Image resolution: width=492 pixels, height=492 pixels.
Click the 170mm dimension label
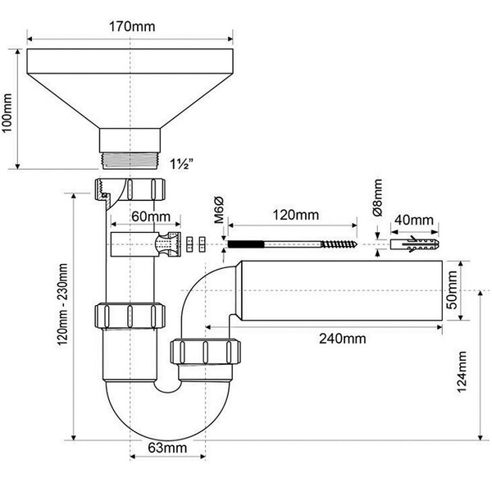point(132,26)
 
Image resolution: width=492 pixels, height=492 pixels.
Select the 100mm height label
point(7,113)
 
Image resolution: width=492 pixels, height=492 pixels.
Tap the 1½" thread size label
point(181,164)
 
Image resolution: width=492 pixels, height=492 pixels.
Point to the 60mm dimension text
point(151,216)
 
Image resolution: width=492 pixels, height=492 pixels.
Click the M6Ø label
point(219,210)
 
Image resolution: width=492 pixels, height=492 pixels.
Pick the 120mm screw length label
point(295,215)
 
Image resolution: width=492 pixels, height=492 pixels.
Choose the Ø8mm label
point(378,198)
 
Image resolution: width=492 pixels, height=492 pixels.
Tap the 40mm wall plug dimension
point(414,220)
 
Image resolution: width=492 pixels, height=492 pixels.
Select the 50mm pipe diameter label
point(452,290)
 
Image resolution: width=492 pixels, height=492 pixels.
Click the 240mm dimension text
point(342,339)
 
